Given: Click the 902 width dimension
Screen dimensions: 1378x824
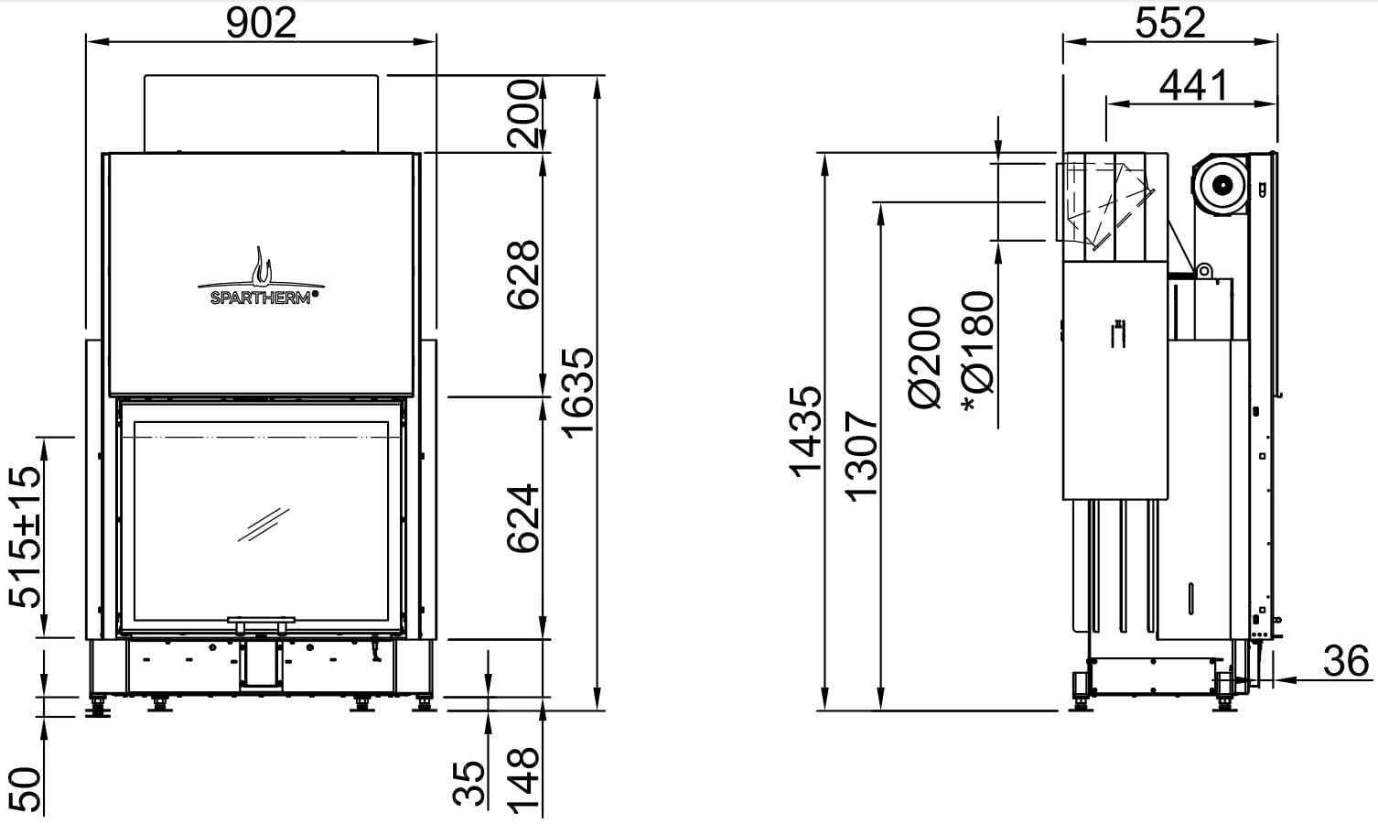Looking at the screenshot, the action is (x=262, y=24).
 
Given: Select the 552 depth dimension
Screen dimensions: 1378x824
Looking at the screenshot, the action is (x=1170, y=24).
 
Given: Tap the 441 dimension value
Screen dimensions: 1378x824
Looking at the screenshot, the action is (x=1194, y=85).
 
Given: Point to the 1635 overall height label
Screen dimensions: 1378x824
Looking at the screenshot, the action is (x=579, y=394).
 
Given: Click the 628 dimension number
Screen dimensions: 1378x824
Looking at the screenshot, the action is (x=522, y=275).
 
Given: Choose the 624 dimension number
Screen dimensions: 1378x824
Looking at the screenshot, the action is (x=522, y=518).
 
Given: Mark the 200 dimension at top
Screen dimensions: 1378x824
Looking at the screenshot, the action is (x=522, y=114).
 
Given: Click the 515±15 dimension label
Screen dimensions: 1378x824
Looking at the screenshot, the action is (x=26, y=537).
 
